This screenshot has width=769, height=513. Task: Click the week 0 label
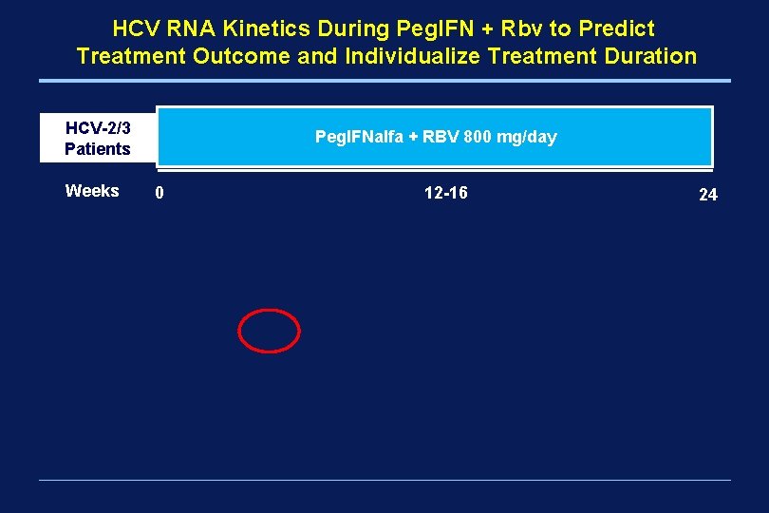(x=159, y=194)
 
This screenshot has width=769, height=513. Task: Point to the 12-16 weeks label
(x=445, y=193)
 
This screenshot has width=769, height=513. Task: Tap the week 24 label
(x=707, y=195)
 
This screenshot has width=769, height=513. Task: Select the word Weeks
(x=92, y=191)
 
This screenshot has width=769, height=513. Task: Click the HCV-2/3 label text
(x=97, y=127)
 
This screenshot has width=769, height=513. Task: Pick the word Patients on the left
(x=97, y=148)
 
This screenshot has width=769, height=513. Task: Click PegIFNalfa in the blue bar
(x=358, y=137)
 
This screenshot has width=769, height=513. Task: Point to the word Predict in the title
(x=611, y=28)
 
